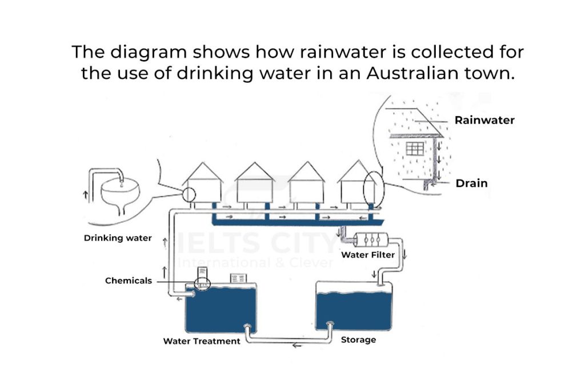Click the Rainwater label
484,121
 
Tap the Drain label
471,183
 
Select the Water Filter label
368,255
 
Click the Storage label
358,340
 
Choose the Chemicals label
129,281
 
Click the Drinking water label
118,238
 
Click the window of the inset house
415,149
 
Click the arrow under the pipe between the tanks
295,345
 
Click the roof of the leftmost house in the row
203,171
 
